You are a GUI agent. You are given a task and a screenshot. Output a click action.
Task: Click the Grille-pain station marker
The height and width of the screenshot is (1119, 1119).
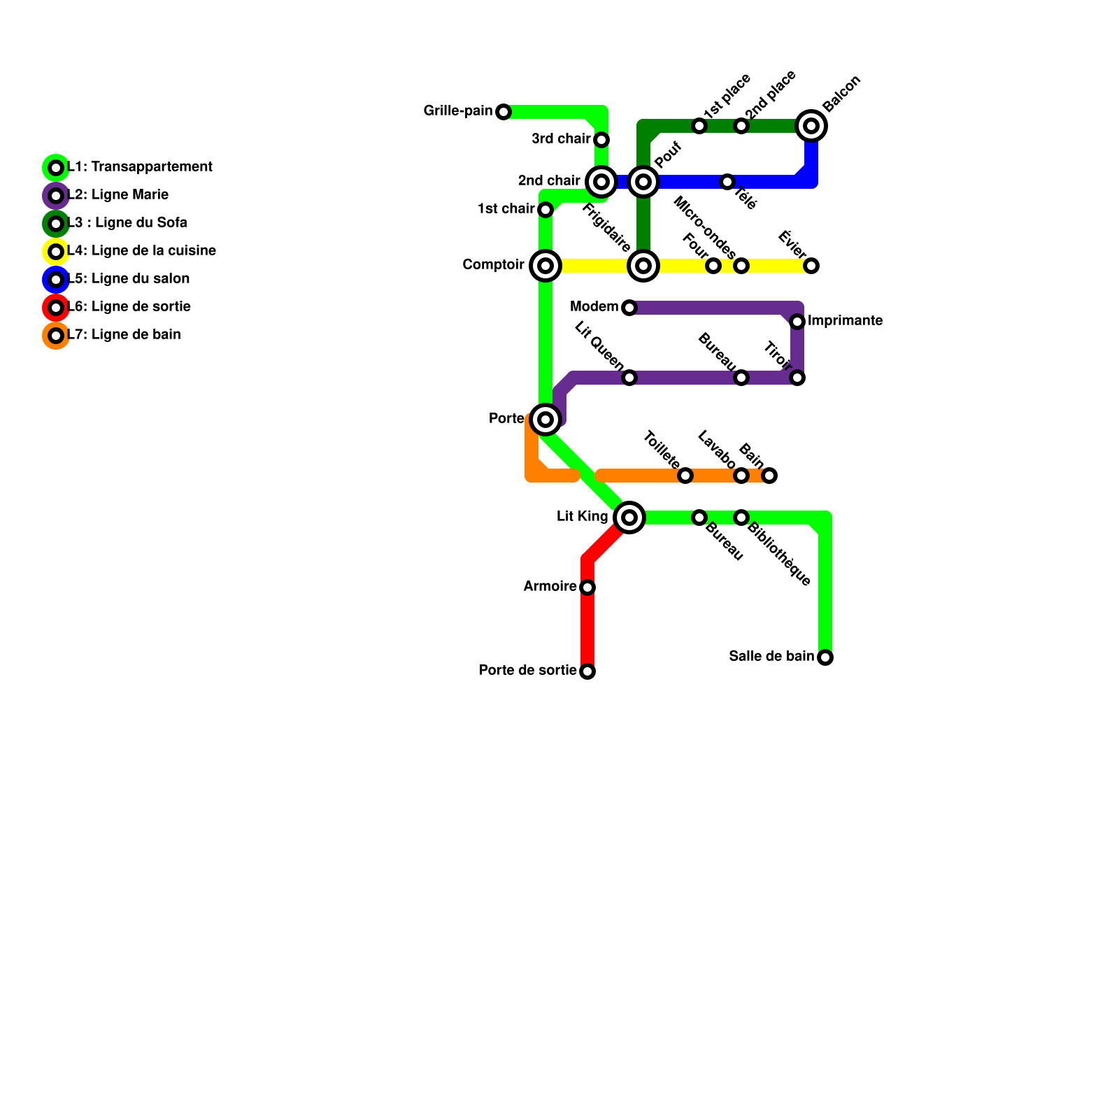point(504,112)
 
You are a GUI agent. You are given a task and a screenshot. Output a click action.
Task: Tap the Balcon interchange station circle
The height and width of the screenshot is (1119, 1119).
point(811,126)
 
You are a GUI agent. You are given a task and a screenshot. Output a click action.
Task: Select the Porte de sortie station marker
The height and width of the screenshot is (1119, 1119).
point(587,671)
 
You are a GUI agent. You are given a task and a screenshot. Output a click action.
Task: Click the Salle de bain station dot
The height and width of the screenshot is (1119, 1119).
point(825,657)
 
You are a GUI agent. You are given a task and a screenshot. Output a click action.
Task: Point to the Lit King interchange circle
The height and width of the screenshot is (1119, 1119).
point(629,518)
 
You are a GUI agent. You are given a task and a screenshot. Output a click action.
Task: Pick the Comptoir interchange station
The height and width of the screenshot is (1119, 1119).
point(546,266)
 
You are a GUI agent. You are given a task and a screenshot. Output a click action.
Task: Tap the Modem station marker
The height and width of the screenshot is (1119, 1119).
point(629,308)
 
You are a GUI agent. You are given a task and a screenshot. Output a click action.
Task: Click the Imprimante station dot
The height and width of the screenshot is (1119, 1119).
point(797,322)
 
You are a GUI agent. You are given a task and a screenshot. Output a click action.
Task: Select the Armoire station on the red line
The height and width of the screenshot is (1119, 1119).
point(587,587)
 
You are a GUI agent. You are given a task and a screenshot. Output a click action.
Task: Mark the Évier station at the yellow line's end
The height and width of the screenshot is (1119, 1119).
point(811,266)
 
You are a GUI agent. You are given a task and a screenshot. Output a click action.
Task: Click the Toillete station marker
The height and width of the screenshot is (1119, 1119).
point(685,476)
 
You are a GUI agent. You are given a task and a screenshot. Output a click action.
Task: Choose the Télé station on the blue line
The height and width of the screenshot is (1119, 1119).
point(727,182)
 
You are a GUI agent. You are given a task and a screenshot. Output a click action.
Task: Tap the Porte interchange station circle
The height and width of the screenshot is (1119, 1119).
point(546,420)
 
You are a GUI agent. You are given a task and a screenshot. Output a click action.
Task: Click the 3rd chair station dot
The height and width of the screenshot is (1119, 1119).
point(601,140)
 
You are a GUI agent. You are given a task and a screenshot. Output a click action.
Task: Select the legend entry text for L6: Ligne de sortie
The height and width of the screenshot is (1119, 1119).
point(129,307)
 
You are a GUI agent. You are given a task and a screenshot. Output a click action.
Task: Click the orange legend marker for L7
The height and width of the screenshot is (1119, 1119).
point(56,336)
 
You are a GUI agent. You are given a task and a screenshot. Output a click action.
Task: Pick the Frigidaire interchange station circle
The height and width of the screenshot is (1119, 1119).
point(643,266)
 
